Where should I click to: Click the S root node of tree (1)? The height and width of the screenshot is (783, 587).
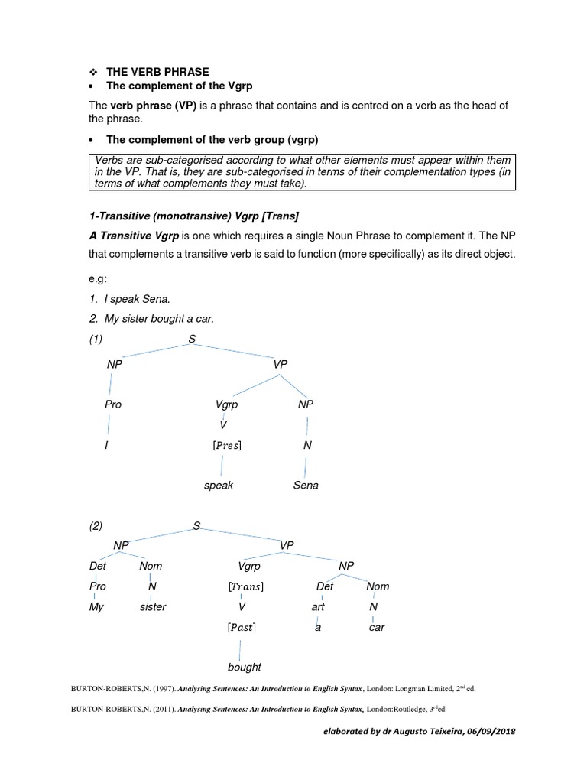tap(192, 339)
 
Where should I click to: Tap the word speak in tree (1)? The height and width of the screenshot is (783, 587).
tap(219, 486)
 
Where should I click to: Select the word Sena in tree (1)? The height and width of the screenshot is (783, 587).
tap(306, 486)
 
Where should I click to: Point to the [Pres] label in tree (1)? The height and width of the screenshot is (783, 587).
tap(224, 445)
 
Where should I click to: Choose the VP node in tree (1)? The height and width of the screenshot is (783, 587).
tap(280, 365)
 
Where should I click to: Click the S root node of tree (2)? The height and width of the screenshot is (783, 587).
tap(196, 526)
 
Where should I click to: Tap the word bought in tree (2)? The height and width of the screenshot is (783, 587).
tap(244, 667)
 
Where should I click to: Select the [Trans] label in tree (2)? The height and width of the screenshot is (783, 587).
tap(246, 586)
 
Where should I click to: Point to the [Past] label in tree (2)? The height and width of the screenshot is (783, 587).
tap(242, 627)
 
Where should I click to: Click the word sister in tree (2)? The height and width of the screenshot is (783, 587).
tap(153, 607)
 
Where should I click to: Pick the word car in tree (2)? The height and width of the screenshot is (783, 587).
tap(377, 627)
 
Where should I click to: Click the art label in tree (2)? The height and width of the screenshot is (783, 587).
tap(318, 607)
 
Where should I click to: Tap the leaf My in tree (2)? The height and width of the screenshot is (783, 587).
tap(97, 607)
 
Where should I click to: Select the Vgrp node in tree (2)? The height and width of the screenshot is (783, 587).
tap(249, 567)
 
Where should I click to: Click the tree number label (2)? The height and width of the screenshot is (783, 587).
tap(96, 526)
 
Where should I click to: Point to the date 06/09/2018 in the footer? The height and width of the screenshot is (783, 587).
tap(488, 732)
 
